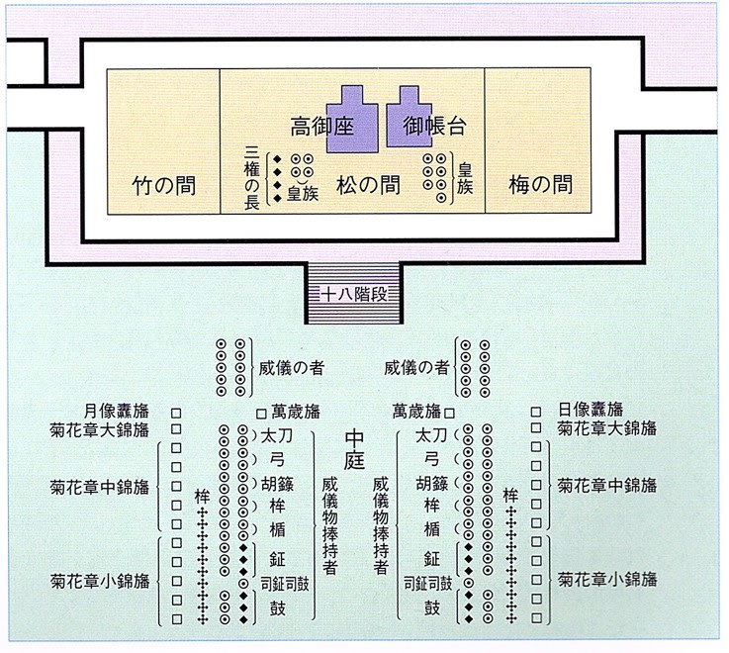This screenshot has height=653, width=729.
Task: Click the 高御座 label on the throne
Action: coord(322,126)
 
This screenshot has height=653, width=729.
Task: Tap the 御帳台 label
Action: coord(434,126)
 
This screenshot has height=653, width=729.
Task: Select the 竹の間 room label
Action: coord(163,186)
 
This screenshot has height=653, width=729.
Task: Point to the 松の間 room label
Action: coord(368,185)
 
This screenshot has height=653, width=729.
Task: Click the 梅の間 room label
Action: coord(541,185)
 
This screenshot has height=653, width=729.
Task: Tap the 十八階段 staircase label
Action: coord(354,295)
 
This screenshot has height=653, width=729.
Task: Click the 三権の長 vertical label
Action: coord(251,178)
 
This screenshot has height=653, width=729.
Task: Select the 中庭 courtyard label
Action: coord(354,449)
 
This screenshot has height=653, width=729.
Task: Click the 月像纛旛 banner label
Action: coord(117,412)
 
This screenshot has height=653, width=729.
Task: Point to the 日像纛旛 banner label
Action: coord(591,410)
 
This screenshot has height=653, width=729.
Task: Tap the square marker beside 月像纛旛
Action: coord(176,413)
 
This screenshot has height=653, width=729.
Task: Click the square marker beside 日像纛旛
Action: coord(536,412)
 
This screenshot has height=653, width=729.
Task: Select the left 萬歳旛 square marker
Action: coord(261,414)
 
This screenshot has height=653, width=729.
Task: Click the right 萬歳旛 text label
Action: coord(416,412)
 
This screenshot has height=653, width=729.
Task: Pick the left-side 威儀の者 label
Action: coord(292,368)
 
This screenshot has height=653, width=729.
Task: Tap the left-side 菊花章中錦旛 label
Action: coord(100,488)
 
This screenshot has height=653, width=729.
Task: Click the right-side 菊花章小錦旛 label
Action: coord(607,580)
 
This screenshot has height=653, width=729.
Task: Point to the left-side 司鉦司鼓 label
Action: coord(285,584)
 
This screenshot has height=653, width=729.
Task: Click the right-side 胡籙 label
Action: coord(432,484)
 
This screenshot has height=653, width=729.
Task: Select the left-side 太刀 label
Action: coord(277,436)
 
